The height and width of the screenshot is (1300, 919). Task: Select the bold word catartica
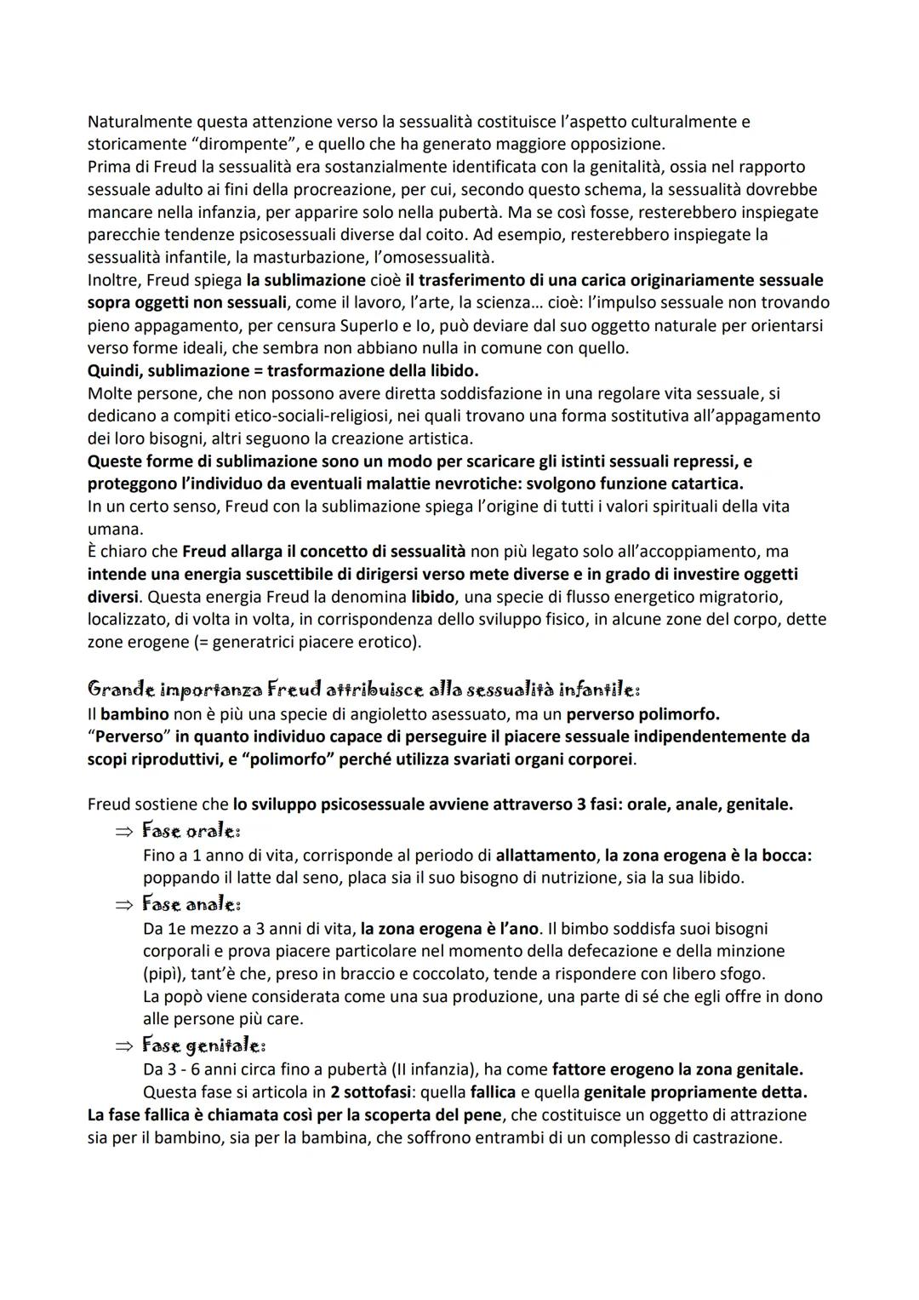pos(705,483)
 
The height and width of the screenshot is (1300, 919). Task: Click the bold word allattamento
pos(546,855)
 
